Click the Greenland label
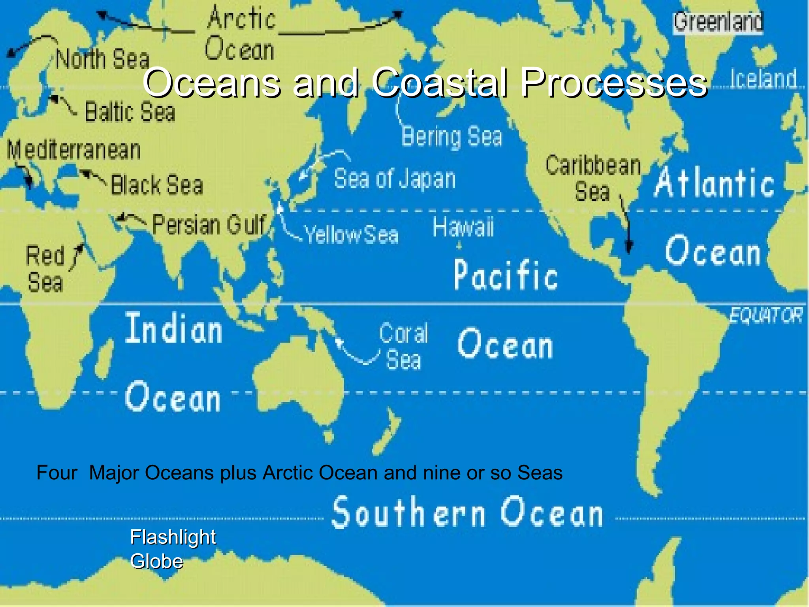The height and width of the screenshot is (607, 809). click(x=718, y=22)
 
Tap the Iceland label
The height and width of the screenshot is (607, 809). click(x=763, y=78)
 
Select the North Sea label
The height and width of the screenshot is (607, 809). click(x=102, y=59)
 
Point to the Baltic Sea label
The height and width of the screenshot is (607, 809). click(x=130, y=112)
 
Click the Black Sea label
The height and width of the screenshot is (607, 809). click(x=157, y=185)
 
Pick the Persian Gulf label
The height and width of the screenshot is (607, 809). click(x=209, y=225)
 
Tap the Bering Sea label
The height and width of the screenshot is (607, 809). click(x=452, y=137)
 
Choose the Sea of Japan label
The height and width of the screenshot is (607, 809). click(x=395, y=179)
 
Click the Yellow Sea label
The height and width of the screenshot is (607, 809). click(x=352, y=235)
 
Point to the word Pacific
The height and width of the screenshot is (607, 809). click(x=506, y=275)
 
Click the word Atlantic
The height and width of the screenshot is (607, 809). click(x=714, y=183)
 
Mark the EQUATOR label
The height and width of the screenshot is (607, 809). click(x=766, y=316)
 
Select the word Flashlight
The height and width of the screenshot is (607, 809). click(x=173, y=537)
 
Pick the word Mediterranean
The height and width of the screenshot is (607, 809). click(x=74, y=151)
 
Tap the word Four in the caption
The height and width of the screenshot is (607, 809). click(x=56, y=473)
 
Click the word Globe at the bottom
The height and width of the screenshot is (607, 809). click(x=157, y=561)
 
